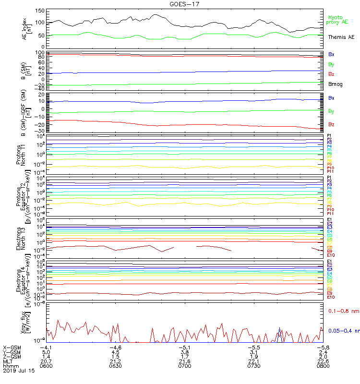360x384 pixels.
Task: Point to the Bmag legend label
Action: [336, 84]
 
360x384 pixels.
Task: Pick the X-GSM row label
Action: [12, 347]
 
